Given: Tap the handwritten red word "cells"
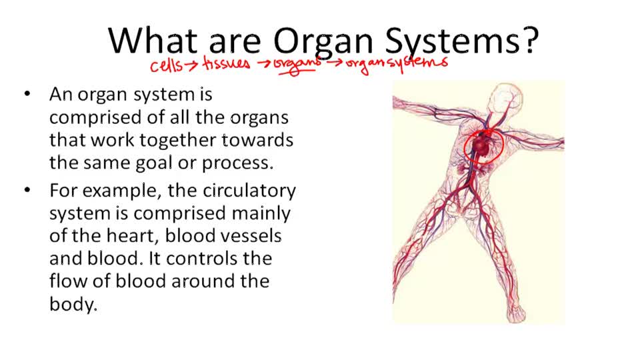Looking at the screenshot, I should pos(166,65).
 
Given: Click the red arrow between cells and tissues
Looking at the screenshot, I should pos(191,65).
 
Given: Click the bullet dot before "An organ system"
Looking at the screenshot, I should pos(27,95).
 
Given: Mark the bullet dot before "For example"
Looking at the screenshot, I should pos(27,191).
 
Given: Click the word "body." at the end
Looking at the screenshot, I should pos(73,305).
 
